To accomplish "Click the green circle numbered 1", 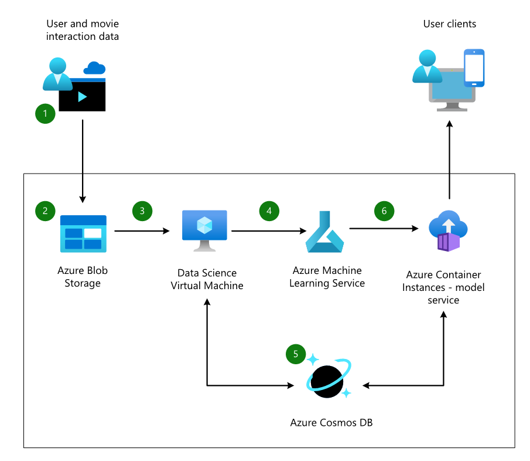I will [x=46, y=113].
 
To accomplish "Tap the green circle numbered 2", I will [x=46, y=211].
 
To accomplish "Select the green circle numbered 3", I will [x=142, y=211].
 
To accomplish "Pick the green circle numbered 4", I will [x=269, y=211].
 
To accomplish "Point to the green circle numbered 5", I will [x=296, y=354].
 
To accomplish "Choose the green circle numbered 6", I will [x=384, y=211].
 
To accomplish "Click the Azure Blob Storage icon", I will [x=83, y=233].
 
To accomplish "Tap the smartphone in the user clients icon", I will [x=474, y=67].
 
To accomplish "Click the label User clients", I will [x=450, y=24].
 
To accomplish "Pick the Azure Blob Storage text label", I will [x=83, y=277].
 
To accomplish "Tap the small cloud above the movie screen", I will [x=94, y=68].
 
